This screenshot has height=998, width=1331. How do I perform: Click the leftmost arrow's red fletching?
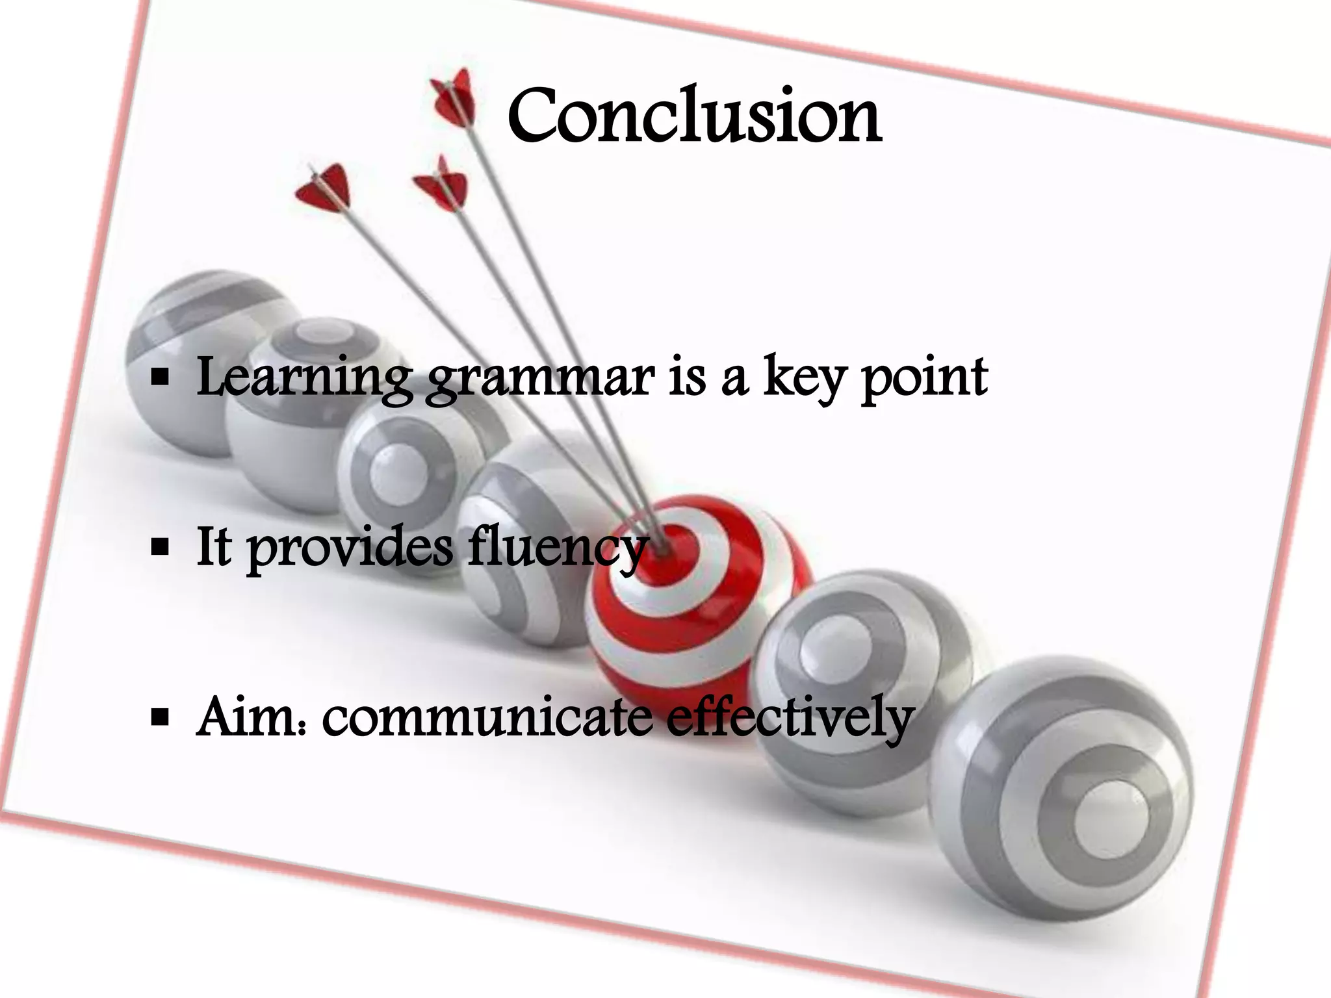click(x=323, y=188)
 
